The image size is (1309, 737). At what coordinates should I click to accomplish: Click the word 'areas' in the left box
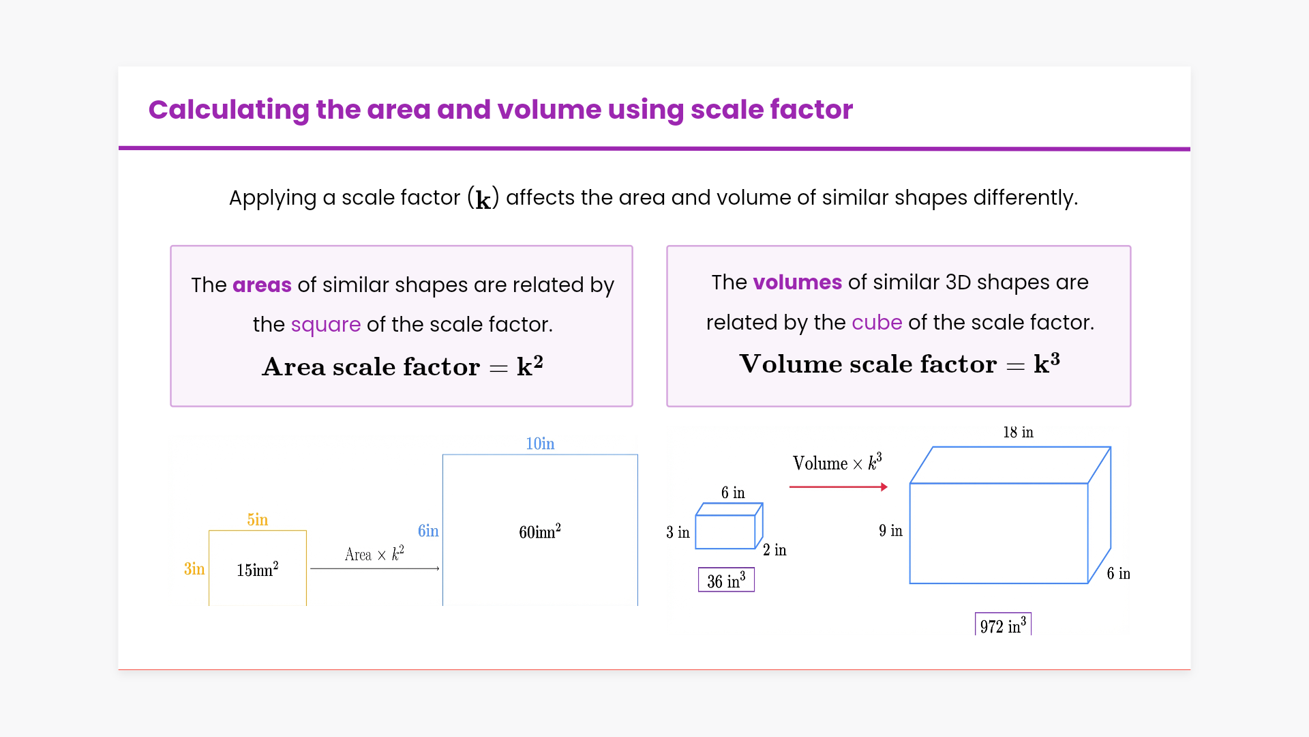click(x=262, y=285)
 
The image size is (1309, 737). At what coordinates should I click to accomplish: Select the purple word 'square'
click(x=326, y=325)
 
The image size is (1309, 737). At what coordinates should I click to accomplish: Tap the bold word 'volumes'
click(x=798, y=283)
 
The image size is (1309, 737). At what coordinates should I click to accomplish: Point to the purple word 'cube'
click(x=877, y=322)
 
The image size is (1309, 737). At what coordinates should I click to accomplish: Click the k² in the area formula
click(x=530, y=366)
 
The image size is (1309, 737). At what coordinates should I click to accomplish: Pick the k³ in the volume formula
click(x=1047, y=363)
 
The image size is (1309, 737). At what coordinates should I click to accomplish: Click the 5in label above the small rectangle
click(x=258, y=519)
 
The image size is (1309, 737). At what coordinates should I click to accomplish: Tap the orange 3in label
click(x=194, y=569)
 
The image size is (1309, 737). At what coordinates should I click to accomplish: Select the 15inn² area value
click(x=258, y=569)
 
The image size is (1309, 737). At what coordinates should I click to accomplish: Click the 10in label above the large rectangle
click(x=540, y=444)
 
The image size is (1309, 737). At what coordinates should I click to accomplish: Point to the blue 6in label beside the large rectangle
click(x=428, y=531)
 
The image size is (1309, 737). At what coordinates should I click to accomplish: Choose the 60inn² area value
click(x=540, y=532)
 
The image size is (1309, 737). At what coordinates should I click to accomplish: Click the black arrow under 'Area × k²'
click(x=375, y=568)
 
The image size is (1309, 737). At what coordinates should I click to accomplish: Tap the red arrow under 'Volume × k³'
click(x=839, y=487)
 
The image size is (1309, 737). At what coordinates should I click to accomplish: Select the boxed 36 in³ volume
click(x=726, y=580)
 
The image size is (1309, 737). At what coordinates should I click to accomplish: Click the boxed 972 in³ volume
click(x=1003, y=624)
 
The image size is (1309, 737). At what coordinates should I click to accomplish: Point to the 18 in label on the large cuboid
click(x=1018, y=432)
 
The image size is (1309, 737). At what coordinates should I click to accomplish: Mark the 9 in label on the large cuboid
click(x=890, y=530)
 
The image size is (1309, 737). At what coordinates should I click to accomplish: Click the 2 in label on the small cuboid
click(x=774, y=550)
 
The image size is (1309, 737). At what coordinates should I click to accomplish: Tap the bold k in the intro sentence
click(x=483, y=200)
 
